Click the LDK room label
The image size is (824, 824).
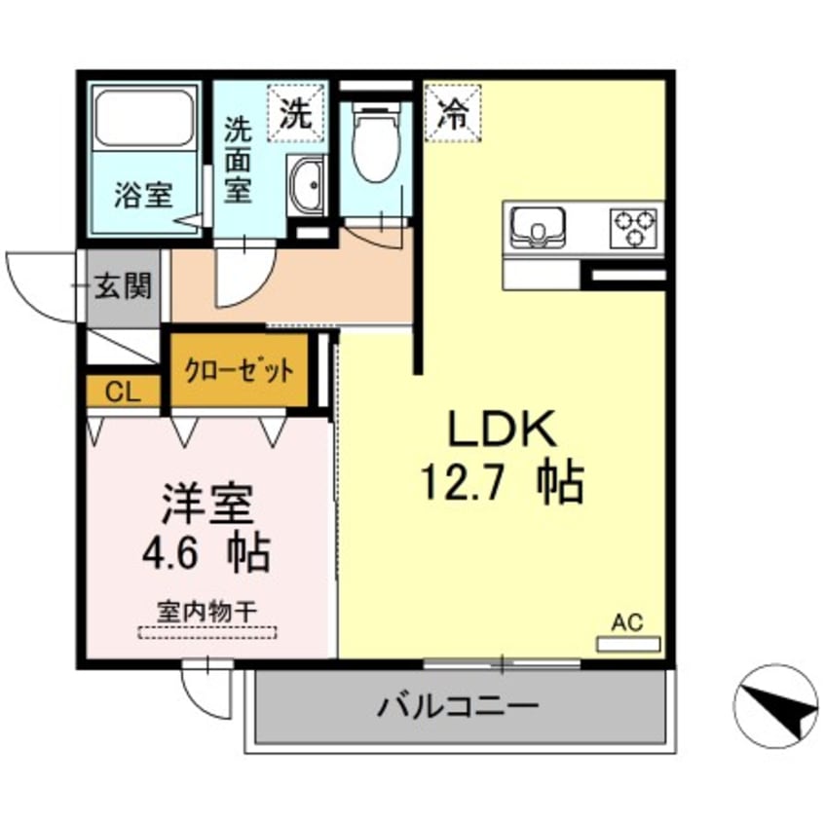[x=502, y=429]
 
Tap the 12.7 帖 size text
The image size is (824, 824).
[x=502, y=481]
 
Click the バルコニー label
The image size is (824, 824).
[x=458, y=705]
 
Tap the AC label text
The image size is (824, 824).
[x=627, y=622]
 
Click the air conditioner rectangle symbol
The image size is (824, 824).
[x=627, y=644]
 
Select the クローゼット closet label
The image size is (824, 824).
[x=239, y=371]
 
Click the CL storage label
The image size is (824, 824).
[x=122, y=393]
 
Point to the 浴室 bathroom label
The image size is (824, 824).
[x=143, y=195]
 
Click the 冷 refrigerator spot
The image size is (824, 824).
[x=452, y=114]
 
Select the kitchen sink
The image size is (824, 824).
[x=535, y=227]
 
